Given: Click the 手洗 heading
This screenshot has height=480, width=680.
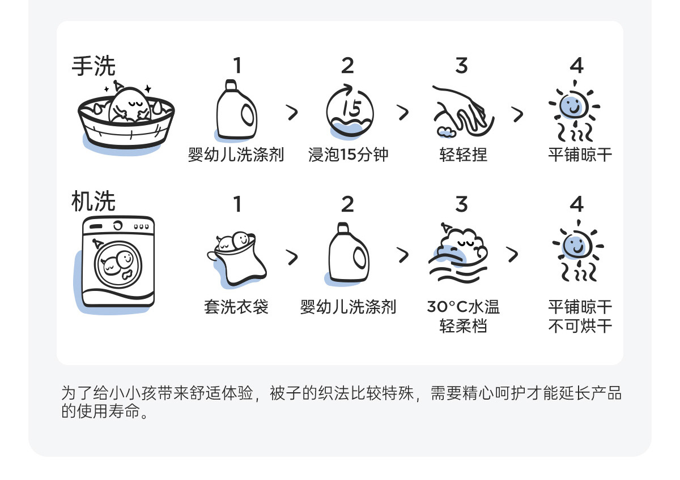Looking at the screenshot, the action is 93,66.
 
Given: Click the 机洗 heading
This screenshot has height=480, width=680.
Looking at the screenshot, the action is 93,202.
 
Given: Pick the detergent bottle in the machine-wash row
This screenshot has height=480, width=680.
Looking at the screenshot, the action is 348,252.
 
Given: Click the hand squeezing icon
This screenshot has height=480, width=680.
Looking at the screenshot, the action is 462,112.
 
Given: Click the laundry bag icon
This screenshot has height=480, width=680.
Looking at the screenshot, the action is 236,256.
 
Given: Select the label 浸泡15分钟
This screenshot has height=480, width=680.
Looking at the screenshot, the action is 348,155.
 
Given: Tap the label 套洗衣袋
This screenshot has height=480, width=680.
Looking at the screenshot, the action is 236,307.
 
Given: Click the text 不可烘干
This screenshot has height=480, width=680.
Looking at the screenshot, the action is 580,327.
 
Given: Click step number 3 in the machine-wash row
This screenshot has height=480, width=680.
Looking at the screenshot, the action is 462,204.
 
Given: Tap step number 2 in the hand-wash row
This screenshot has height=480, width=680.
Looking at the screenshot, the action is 347,66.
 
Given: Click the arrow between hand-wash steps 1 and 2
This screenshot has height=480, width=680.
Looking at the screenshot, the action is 292,113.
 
